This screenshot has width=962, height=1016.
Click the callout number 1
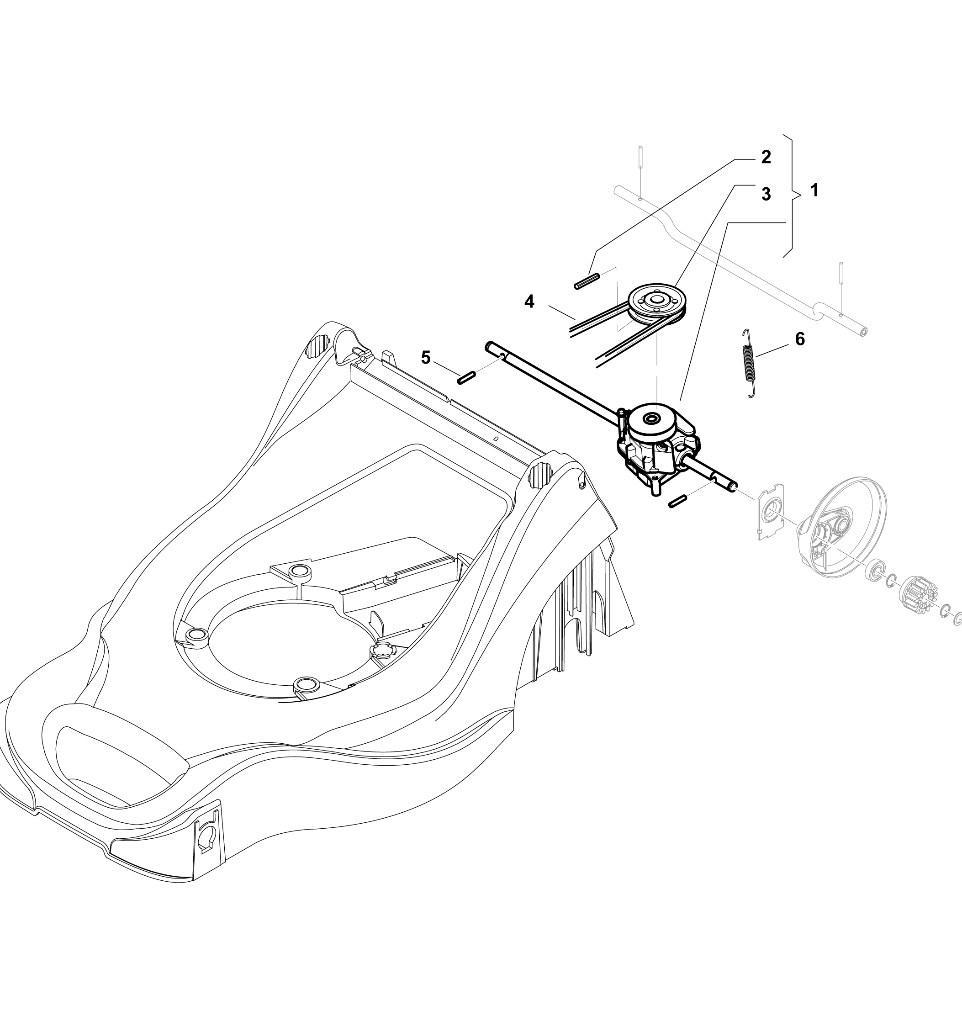814,190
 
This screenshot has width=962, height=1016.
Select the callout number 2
766,157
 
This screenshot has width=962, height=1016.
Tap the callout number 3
766,194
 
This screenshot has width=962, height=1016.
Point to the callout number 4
529,302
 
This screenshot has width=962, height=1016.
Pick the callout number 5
426,357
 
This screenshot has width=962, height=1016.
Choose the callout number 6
799,339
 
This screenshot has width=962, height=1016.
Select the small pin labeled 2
587,282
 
